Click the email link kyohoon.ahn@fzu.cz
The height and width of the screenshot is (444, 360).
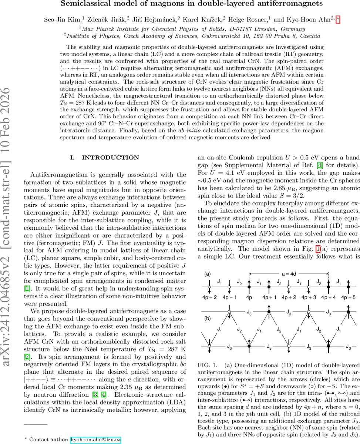coord(95,439)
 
